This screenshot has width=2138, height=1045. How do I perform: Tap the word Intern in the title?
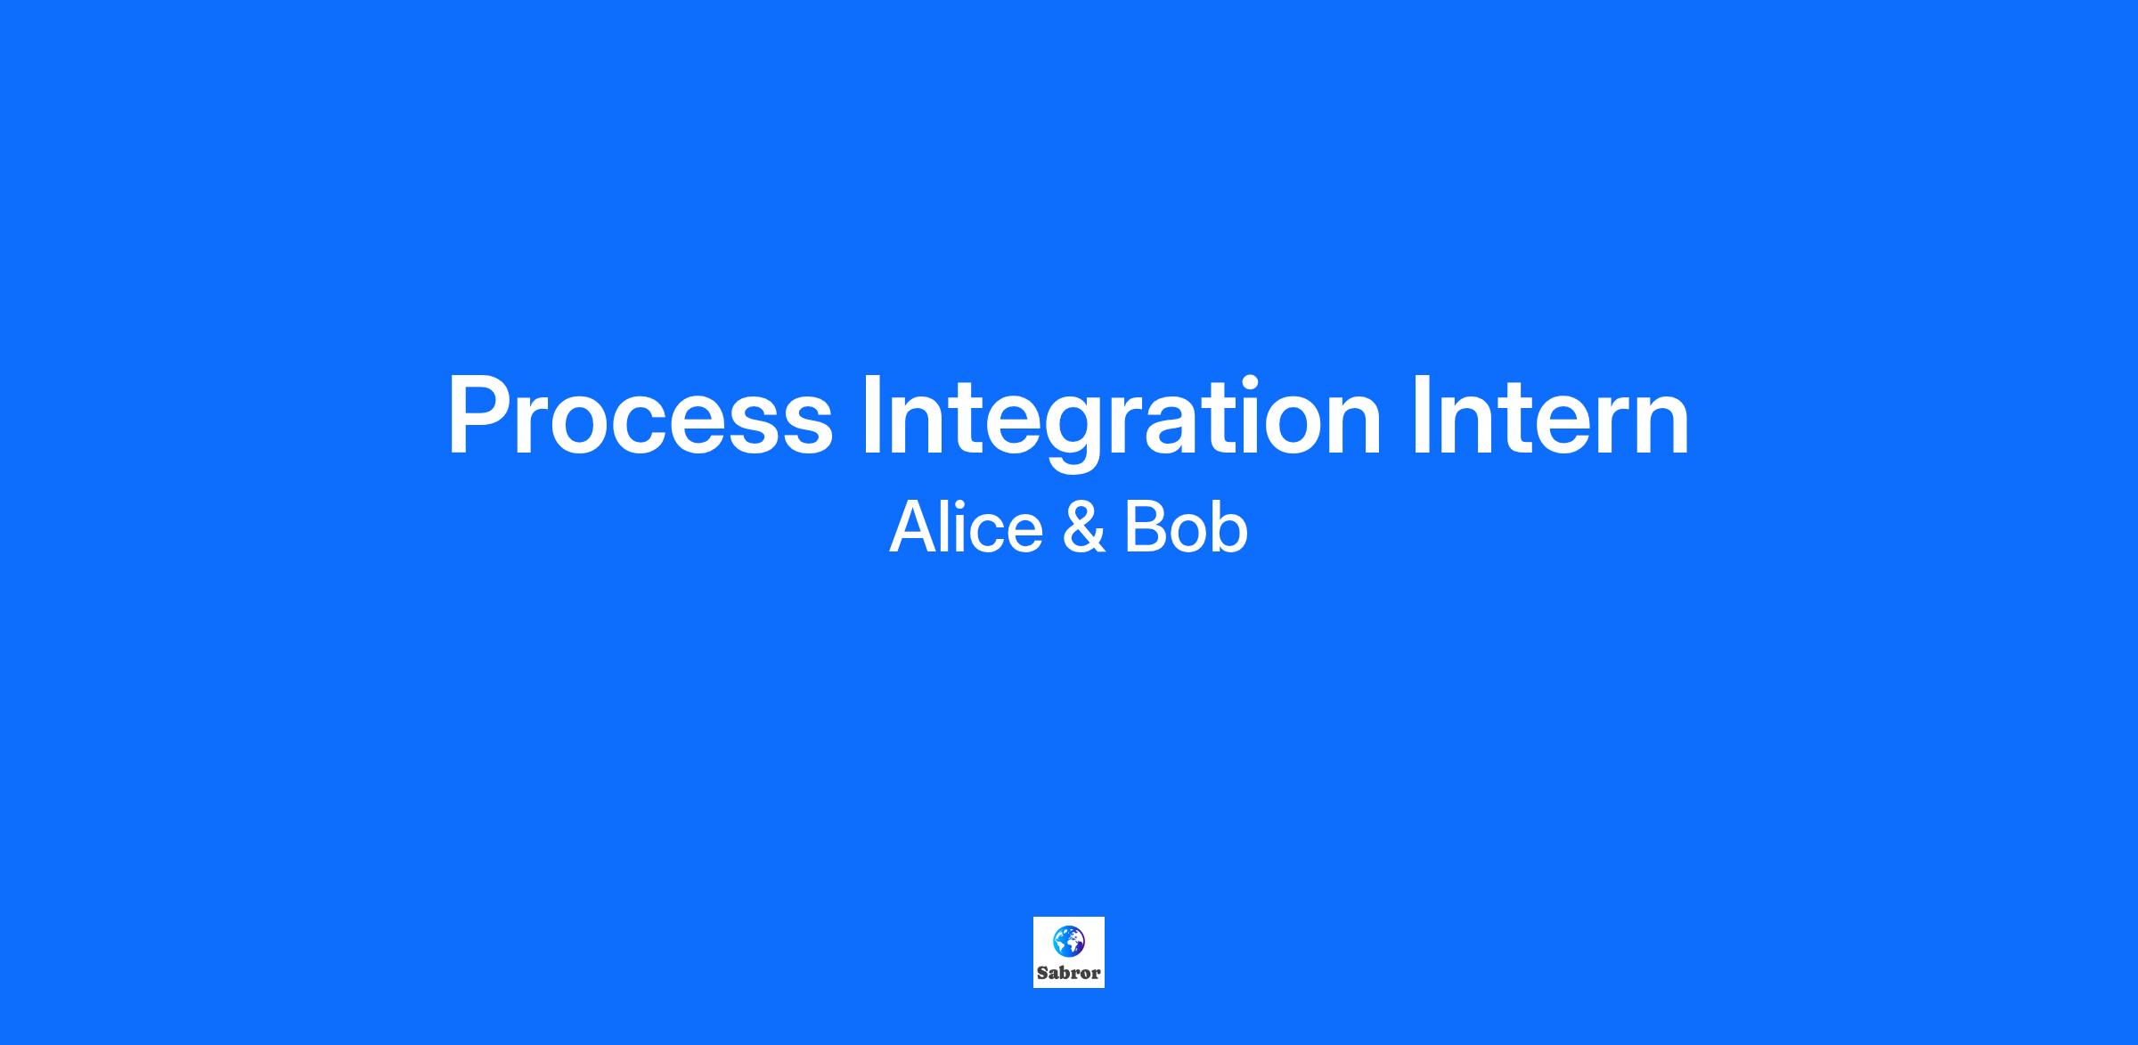coord(1550,414)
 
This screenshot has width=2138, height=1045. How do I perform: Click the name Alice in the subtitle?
coord(966,527)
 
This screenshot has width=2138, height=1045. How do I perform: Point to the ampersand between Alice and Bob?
coord(1084,527)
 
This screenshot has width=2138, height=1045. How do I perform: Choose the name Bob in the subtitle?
coord(1186,527)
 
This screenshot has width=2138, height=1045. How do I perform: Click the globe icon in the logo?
coord(1068,940)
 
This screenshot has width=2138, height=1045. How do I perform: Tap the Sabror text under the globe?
coord(1068,973)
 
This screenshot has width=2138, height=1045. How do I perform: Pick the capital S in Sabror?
coord(1042,973)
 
